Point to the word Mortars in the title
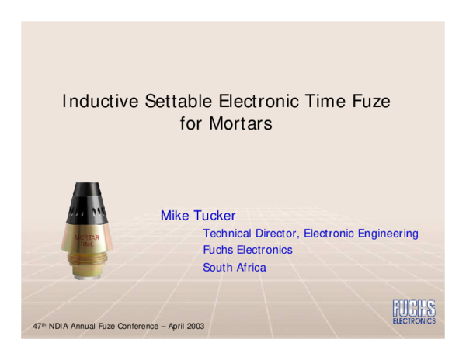click(x=240, y=123)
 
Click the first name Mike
click(x=175, y=215)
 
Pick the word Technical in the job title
click(x=226, y=233)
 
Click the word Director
click(x=276, y=233)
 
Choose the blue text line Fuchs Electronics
click(x=248, y=250)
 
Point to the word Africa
click(x=250, y=268)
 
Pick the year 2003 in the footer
click(x=195, y=326)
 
